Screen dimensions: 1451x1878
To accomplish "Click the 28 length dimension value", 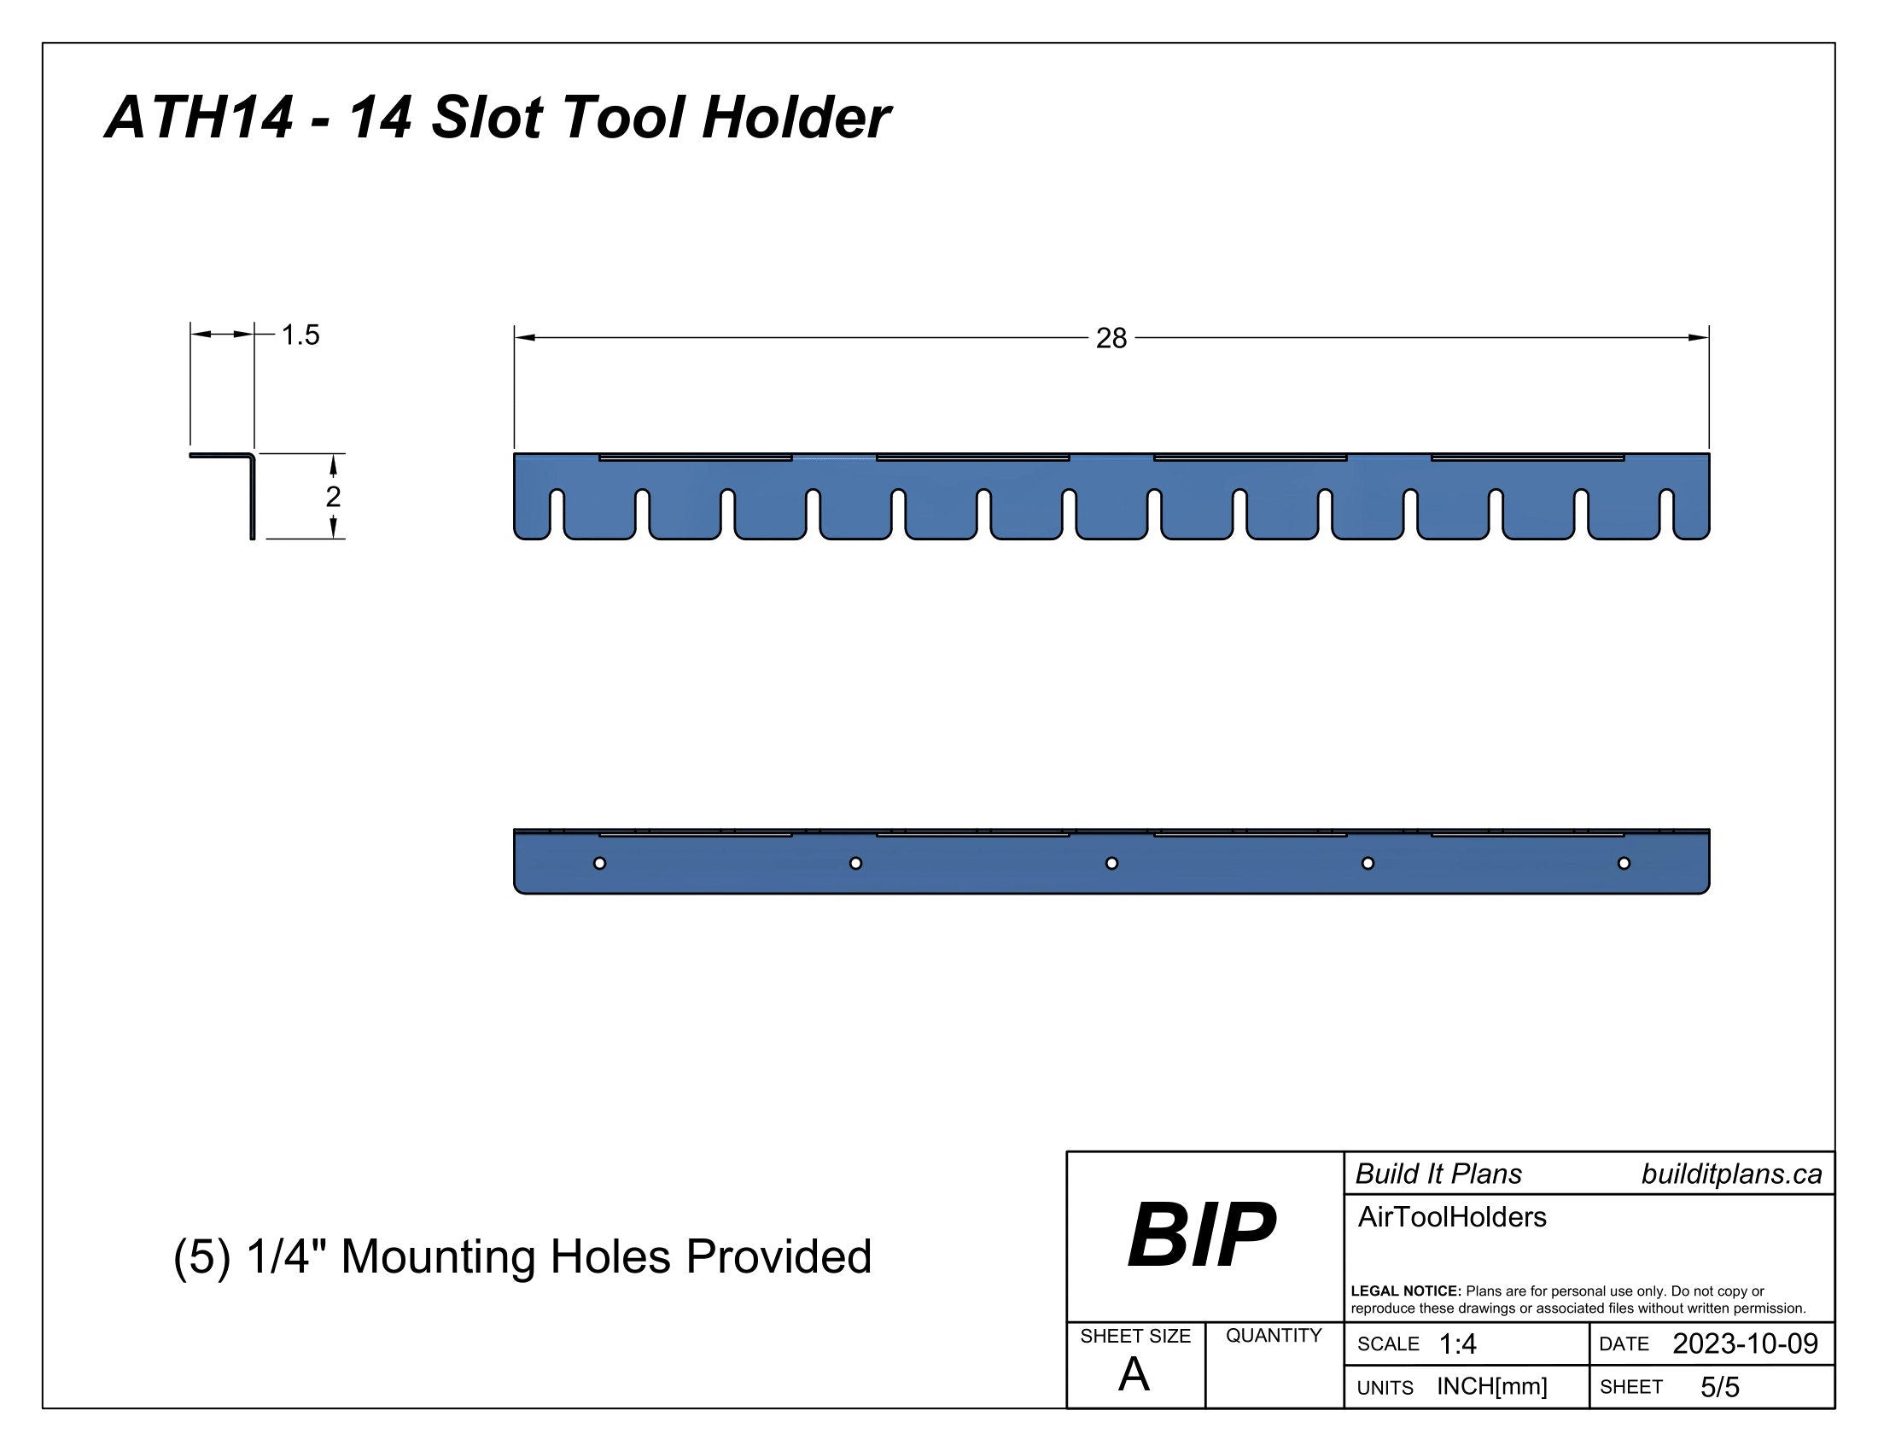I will tap(1111, 339).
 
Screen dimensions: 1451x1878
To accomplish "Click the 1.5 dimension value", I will tap(300, 335).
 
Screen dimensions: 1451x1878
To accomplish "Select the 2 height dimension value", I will tap(334, 496).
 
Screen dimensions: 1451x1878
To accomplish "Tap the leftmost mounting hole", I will tap(599, 863).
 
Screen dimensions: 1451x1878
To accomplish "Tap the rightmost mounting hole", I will tap(1624, 863).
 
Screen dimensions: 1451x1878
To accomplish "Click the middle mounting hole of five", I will tap(1111, 863).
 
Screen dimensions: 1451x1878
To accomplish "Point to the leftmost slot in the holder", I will tap(557, 513).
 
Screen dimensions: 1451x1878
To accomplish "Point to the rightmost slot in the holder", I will tap(1667, 513).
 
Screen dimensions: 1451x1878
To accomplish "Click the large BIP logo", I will tap(1201, 1235).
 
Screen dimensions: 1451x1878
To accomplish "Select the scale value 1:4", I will tap(1457, 1344).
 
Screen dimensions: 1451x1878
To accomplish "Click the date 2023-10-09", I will tap(1745, 1343).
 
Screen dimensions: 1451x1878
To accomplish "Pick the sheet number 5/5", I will tap(1720, 1387).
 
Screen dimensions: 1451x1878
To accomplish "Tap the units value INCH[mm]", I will tap(1492, 1386).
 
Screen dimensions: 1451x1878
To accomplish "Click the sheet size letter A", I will tap(1134, 1376).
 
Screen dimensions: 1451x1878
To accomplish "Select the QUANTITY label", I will tap(1274, 1336).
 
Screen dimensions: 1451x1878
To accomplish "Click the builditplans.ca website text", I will tap(1731, 1174).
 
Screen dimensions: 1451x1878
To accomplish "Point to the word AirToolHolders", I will tap(1451, 1217).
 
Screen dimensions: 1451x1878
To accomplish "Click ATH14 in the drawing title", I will tap(199, 118).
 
